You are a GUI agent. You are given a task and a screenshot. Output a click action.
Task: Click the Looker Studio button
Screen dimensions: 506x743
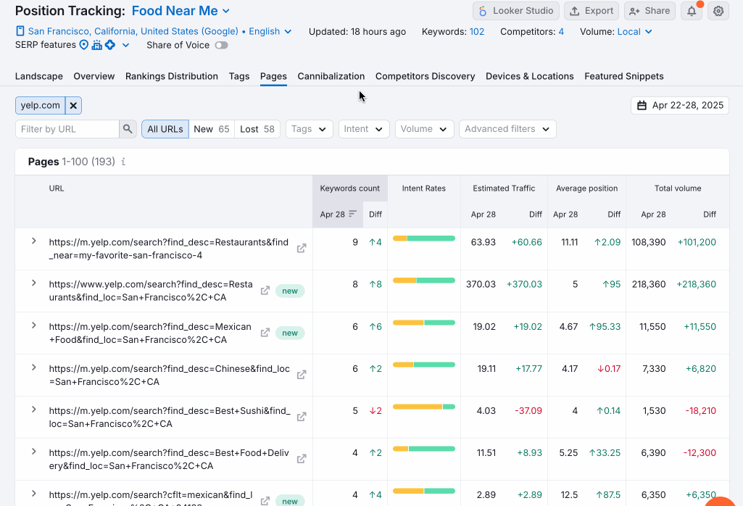point(516,11)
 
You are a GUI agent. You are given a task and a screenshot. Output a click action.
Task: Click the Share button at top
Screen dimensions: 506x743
point(649,11)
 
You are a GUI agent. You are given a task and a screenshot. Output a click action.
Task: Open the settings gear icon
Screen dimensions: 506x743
point(718,11)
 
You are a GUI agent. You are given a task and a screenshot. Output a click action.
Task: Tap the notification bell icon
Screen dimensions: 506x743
point(691,11)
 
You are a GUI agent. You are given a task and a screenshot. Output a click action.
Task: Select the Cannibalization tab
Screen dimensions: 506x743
point(331,76)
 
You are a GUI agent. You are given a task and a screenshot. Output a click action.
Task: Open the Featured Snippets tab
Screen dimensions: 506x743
point(623,76)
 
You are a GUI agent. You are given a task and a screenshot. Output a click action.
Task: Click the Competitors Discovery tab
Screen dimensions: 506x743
point(425,76)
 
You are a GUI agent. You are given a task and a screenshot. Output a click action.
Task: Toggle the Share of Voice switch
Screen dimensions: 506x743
point(221,45)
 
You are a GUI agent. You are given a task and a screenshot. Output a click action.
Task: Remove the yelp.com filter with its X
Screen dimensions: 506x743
point(73,105)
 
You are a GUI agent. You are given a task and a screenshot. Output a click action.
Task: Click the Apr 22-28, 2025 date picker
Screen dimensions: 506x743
point(680,105)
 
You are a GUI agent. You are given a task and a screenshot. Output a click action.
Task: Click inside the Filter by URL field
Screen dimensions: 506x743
point(67,129)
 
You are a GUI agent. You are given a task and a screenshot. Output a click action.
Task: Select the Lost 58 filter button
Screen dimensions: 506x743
point(257,129)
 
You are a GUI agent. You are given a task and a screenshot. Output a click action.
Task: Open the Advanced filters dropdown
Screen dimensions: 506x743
point(507,129)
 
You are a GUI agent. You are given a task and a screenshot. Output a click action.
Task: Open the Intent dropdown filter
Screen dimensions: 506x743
point(364,129)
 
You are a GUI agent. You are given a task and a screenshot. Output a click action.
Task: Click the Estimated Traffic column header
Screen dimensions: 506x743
point(504,188)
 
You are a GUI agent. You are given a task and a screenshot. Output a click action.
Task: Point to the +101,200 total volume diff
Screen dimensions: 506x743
point(697,242)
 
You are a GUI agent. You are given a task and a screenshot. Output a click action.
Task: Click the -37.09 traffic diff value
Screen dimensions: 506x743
point(528,410)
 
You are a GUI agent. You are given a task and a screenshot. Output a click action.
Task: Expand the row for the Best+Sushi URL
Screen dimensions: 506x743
point(33,409)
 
